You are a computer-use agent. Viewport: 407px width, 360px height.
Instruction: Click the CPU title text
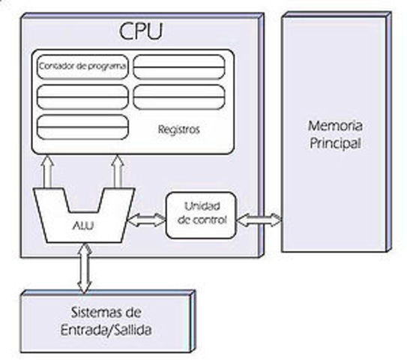141,32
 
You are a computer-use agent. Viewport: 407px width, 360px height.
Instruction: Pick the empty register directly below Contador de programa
82,97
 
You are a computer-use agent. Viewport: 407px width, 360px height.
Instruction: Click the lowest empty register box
82,126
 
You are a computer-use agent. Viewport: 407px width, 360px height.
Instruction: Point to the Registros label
179,128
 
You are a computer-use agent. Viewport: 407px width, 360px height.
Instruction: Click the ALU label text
82,224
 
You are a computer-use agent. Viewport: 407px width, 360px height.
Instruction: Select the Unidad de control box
200,215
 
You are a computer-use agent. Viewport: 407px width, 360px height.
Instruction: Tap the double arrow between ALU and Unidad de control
147,220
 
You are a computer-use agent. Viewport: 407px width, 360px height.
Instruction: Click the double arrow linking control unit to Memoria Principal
259,220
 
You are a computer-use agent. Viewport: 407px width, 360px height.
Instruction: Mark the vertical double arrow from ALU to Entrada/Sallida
84,267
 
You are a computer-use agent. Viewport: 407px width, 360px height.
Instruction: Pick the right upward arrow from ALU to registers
118,171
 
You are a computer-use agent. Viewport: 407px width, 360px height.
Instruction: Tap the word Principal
335,142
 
